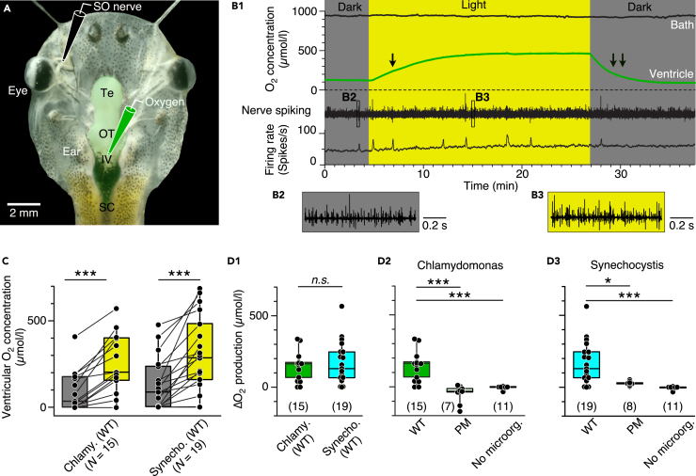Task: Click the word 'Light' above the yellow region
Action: click(x=479, y=7)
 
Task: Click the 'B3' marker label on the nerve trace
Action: click(x=483, y=97)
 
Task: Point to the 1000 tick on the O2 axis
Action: click(x=303, y=11)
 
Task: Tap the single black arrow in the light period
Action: click(x=393, y=61)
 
